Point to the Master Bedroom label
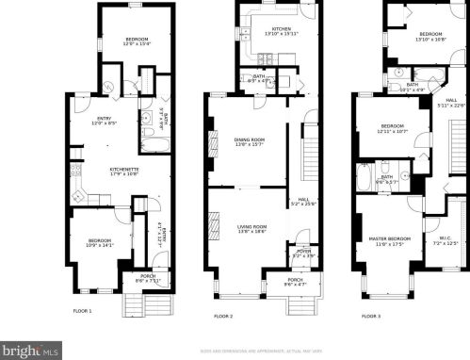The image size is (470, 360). click(386, 240)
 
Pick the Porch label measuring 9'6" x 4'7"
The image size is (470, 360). click(296, 279)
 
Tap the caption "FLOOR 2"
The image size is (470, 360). click(222, 316)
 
